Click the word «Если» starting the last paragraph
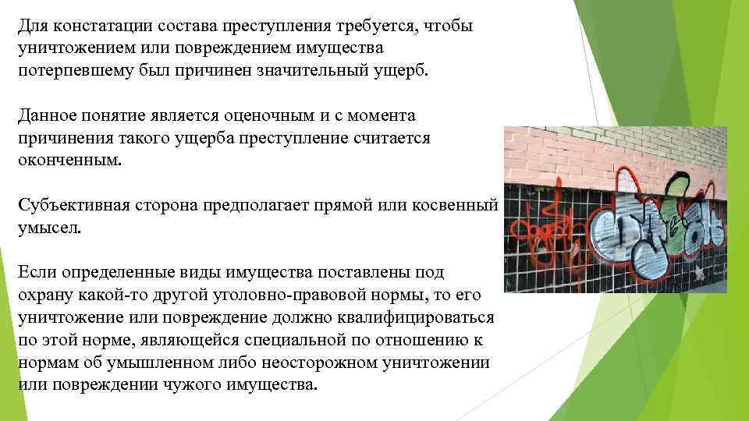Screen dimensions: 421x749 tap(37, 273)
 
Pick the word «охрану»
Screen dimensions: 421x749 tap(47, 296)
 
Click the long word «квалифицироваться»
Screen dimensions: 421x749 tap(422, 318)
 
